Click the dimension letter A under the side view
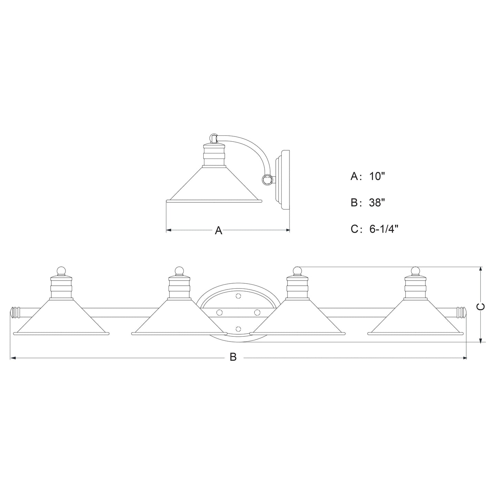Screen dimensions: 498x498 click(218, 231)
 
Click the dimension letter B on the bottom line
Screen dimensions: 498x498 click(233, 357)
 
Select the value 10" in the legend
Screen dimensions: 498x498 click(377, 176)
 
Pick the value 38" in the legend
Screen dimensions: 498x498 click(377, 203)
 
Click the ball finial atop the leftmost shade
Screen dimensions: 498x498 click(61, 271)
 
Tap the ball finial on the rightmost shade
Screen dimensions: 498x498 click(415, 271)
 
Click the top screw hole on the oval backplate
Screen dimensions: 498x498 click(238, 296)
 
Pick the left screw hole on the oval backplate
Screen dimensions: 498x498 click(218, 312)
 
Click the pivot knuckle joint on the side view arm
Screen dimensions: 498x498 click(267, 179)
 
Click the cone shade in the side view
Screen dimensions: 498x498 click(214, 188)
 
